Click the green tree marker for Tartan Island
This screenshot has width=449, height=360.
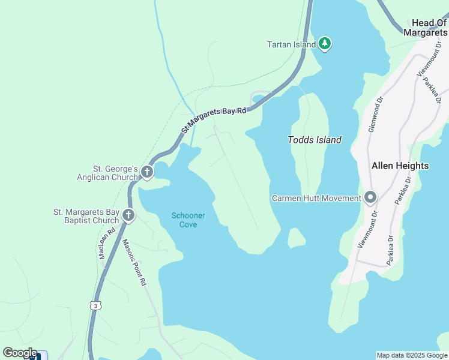tap(325, 44)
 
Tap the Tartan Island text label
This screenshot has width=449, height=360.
tap(291, 44)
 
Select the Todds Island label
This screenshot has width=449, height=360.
tap(315, 140)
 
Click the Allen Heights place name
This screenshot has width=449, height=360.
tap(400, 166)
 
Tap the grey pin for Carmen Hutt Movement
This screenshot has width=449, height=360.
tap(370, 197)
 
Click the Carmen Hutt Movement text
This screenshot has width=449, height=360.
tap(316, 198)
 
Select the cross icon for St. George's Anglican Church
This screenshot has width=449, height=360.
tap(147, 173)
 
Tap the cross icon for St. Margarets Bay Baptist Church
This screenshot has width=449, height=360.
tap(128, 215)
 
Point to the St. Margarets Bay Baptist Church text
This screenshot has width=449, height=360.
tap(86, 216)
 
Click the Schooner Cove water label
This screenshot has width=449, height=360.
tap(188, 220)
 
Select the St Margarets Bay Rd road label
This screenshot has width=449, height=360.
tap(215, 119)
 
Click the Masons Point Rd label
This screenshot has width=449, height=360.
tap(134, 262)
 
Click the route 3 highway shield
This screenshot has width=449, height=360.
tap(95, 306)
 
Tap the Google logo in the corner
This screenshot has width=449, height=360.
tap(20, 353)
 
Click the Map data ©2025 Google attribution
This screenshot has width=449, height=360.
tap(412, 355)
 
